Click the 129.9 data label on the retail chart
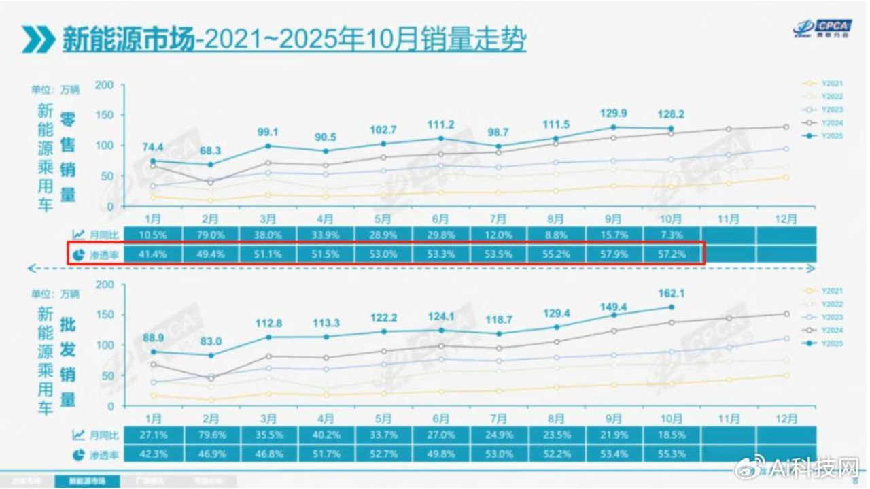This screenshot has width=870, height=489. tap(612, 113)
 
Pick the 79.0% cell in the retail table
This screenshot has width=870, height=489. tap(211, 235)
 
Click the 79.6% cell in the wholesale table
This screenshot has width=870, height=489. tap(211, 434)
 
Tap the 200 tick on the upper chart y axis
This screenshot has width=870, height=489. tap(104, 85)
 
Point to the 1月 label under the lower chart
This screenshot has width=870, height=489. tap(154, 418)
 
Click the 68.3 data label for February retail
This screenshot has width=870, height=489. tap(211, 150)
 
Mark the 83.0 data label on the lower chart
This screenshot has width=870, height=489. tap(211, 341)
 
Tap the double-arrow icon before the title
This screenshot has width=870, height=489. tap(38, 39)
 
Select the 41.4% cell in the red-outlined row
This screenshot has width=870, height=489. tap(154, 254)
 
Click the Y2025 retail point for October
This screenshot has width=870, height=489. tap(671, 129)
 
